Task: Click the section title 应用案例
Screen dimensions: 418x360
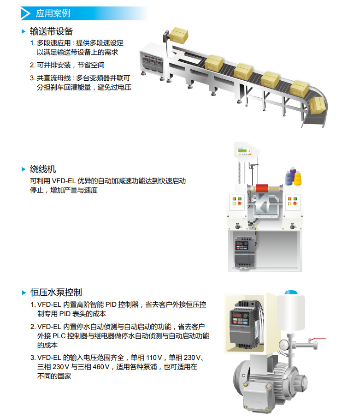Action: (53, 13)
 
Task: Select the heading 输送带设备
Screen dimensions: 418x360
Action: (51, 31)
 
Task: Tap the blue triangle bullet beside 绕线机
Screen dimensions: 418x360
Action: (24, 169)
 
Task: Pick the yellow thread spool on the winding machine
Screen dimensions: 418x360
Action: (298, 177)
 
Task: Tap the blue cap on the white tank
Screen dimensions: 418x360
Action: (291, 292)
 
